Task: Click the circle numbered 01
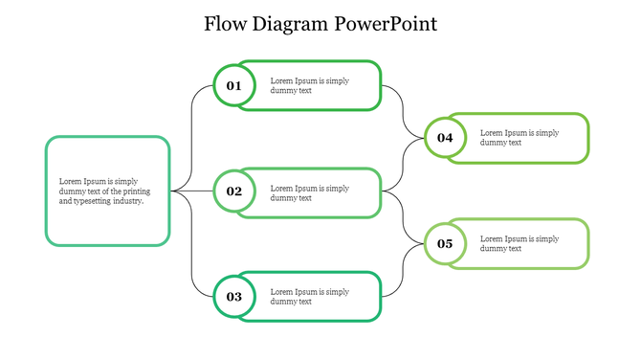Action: pyautogui.click(x=234, y=86)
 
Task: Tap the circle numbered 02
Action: pyautogui.click(x=234, y=191)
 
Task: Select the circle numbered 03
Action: pyautogui.click(x=234, y=297)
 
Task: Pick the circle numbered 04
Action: pyautogui.click(x=445, y=138)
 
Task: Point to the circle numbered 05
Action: pyautogui.click(x=445, y=243)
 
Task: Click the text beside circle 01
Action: pyautogui.click(x=309, y=85)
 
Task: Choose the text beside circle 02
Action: pyautogui.click(x=309, y=192)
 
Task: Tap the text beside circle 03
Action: pyautogui.click(x=309, y=296)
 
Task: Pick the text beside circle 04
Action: pyautogui.click(x=519, y=137)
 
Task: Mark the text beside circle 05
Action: pyautogui.click(x=519, y=243)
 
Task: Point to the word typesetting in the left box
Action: pyautogui.click(x=93, y=201)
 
